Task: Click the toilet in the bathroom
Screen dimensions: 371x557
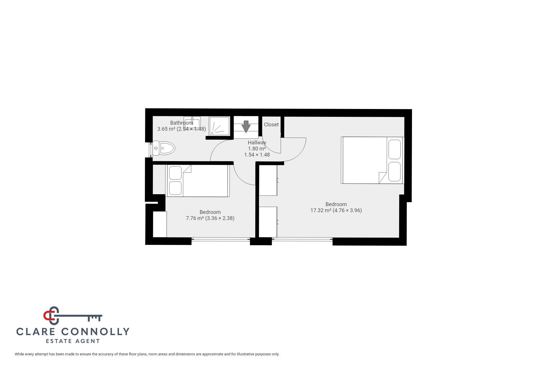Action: (164, 149)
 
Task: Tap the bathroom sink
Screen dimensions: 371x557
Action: (192, 121)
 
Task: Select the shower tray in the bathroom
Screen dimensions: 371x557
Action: (219, 126)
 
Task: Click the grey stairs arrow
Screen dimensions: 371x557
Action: (246, 126)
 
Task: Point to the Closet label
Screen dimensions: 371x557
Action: (271, 125)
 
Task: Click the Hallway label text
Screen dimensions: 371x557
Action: (257, 143)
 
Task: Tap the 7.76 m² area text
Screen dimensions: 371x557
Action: (195, 218)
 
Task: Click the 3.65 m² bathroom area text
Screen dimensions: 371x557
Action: (166, 129)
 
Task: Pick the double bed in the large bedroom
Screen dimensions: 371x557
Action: (372, 160)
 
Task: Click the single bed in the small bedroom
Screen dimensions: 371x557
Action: (198, 181)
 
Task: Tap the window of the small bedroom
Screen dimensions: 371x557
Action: (220, 239)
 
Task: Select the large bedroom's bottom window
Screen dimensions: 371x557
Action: (302, 239)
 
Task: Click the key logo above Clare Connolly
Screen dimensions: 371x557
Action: (72, 316)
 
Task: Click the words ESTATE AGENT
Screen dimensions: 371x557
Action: (73, 341)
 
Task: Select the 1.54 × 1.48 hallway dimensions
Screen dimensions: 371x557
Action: (257, 155)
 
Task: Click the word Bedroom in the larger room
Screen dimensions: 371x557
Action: (336, 204)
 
